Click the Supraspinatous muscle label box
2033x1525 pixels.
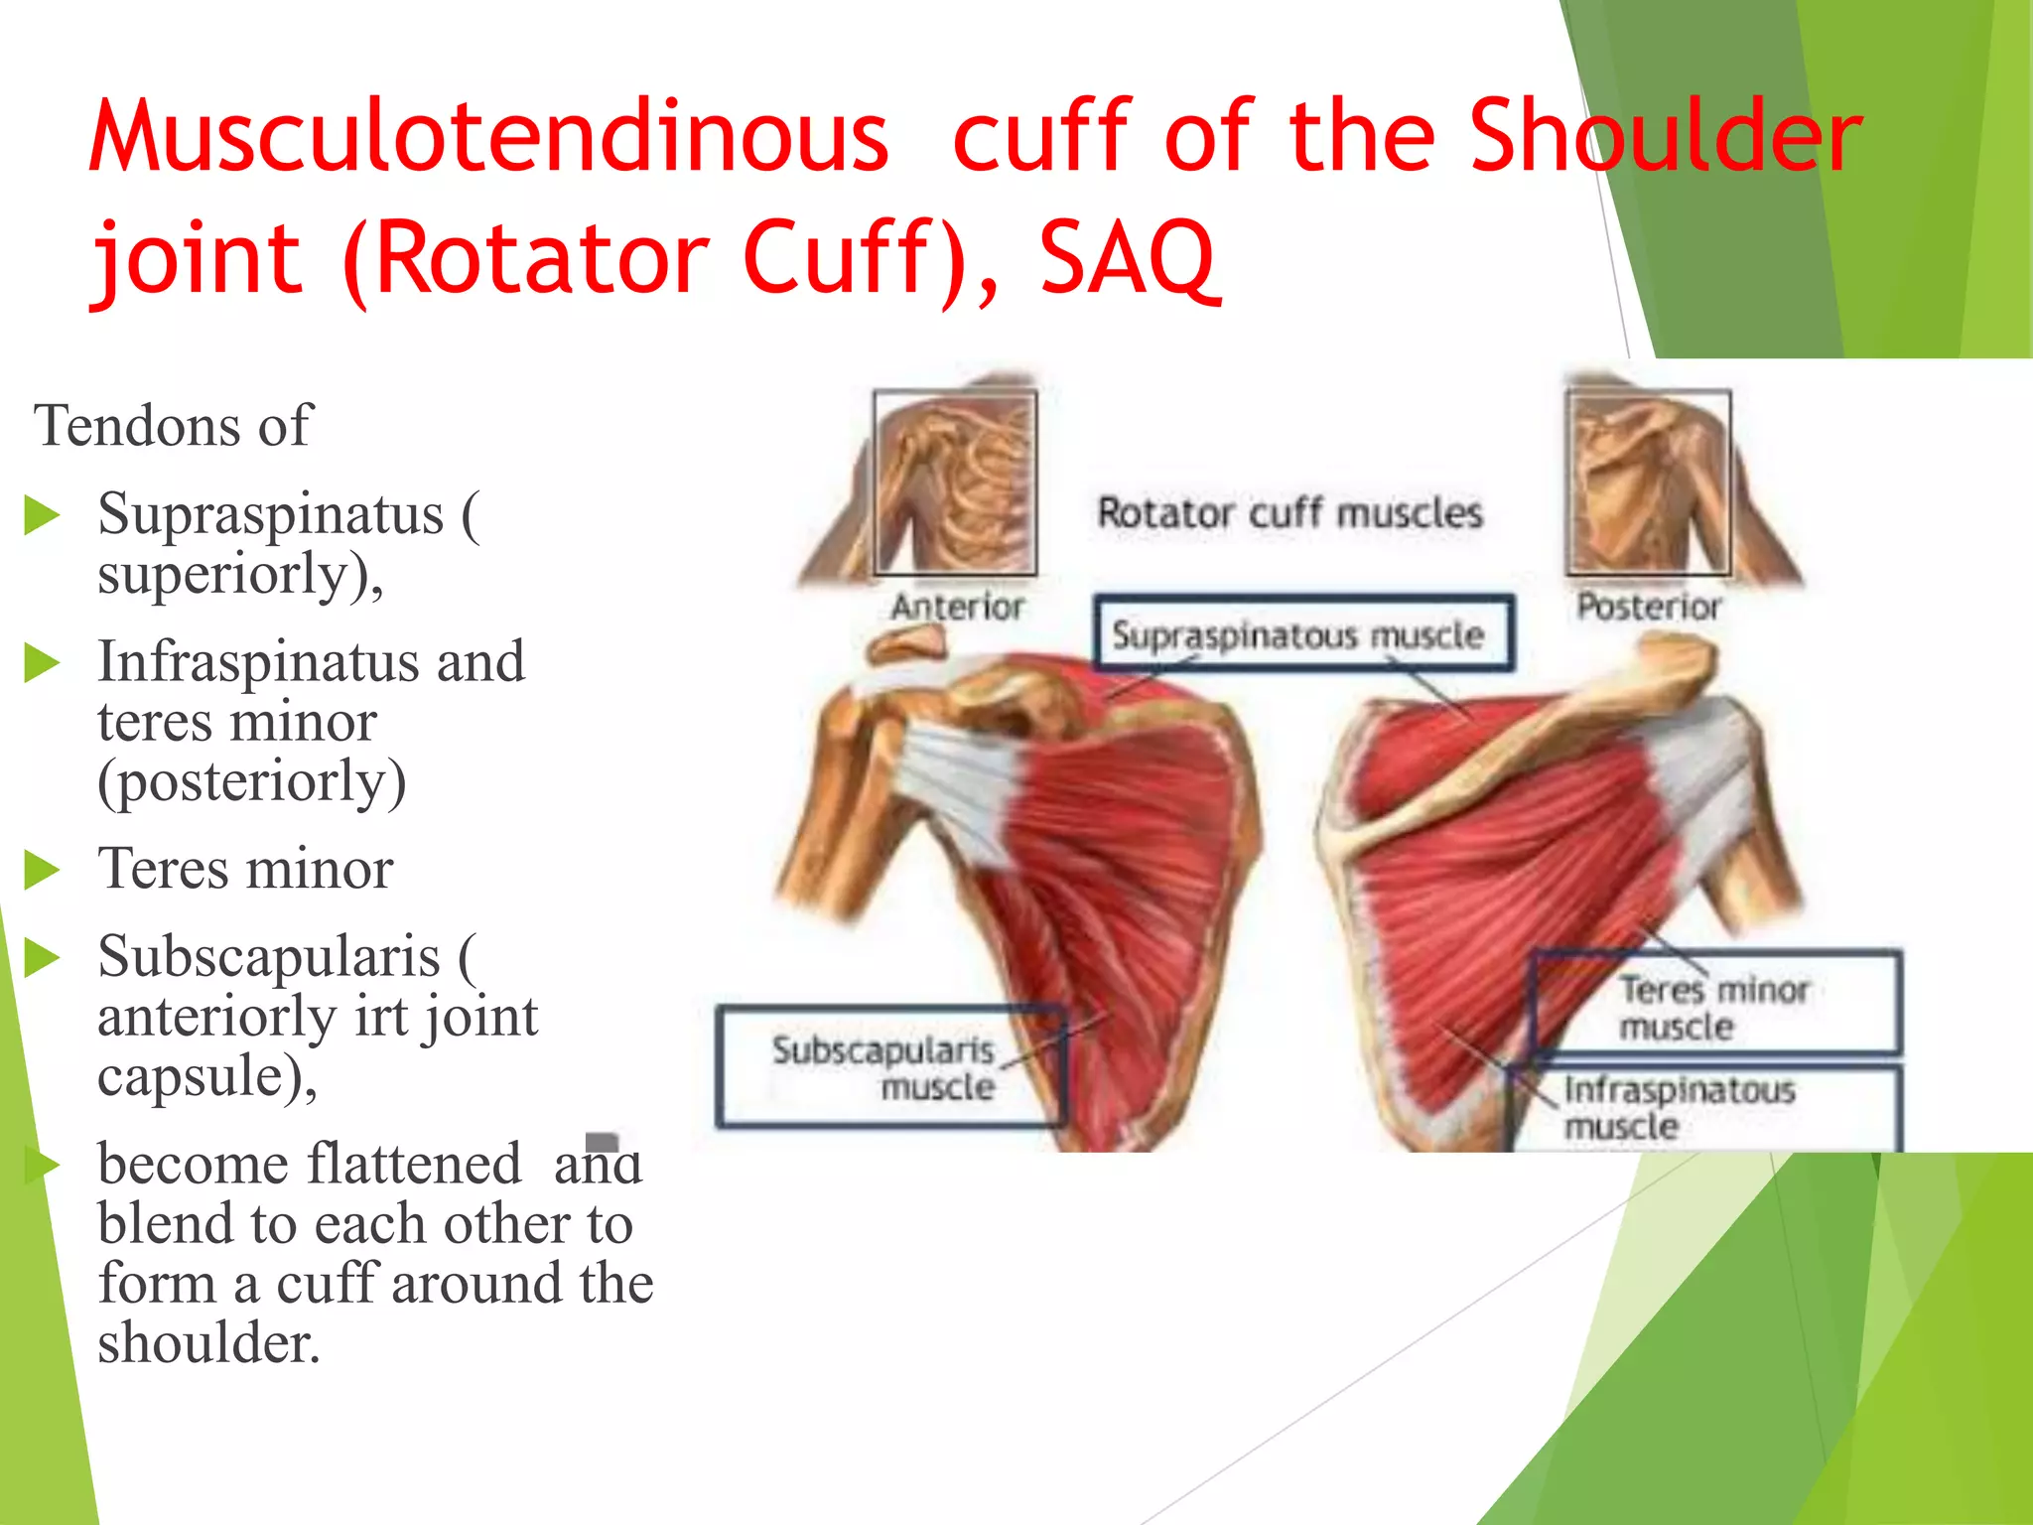coord(1303,633)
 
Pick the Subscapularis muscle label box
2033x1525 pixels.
coord(890,1067)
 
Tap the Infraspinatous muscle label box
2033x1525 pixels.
coord(1703,1108)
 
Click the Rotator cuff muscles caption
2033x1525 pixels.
coord(1289,513)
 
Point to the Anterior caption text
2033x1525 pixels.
coord(957,606)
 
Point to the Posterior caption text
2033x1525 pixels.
coord(1649,606)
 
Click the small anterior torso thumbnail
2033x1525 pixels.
coord(955,483)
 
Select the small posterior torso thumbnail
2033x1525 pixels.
coord(1649,483)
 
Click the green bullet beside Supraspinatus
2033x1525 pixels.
coord(42,516)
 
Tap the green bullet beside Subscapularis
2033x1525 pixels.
coord(42,958)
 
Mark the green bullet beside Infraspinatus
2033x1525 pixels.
coord(42,663)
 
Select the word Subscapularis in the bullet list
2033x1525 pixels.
coord(268,958)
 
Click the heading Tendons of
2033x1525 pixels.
coord(173,426)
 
